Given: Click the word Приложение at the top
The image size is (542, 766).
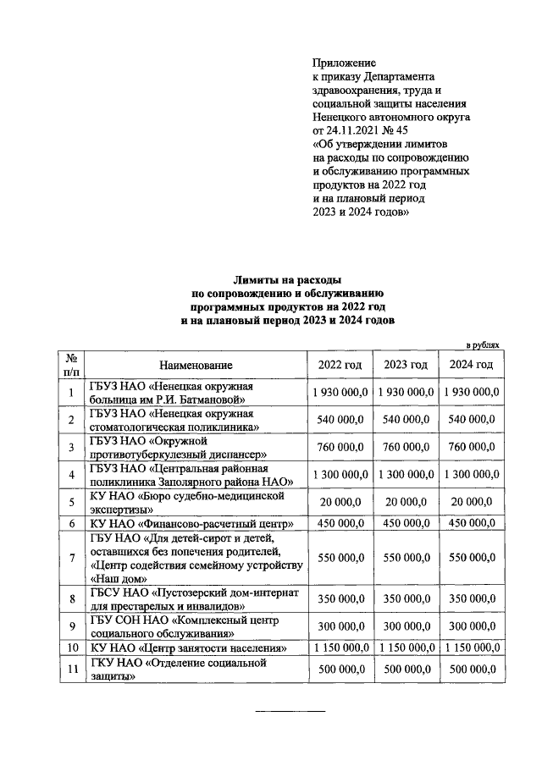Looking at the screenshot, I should tap(344, 63).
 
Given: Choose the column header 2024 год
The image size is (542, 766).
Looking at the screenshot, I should tap(471, 365).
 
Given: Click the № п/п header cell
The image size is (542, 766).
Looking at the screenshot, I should tap(72, 365).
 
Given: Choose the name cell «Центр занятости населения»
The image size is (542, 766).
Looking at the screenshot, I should tap(188, 648).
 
